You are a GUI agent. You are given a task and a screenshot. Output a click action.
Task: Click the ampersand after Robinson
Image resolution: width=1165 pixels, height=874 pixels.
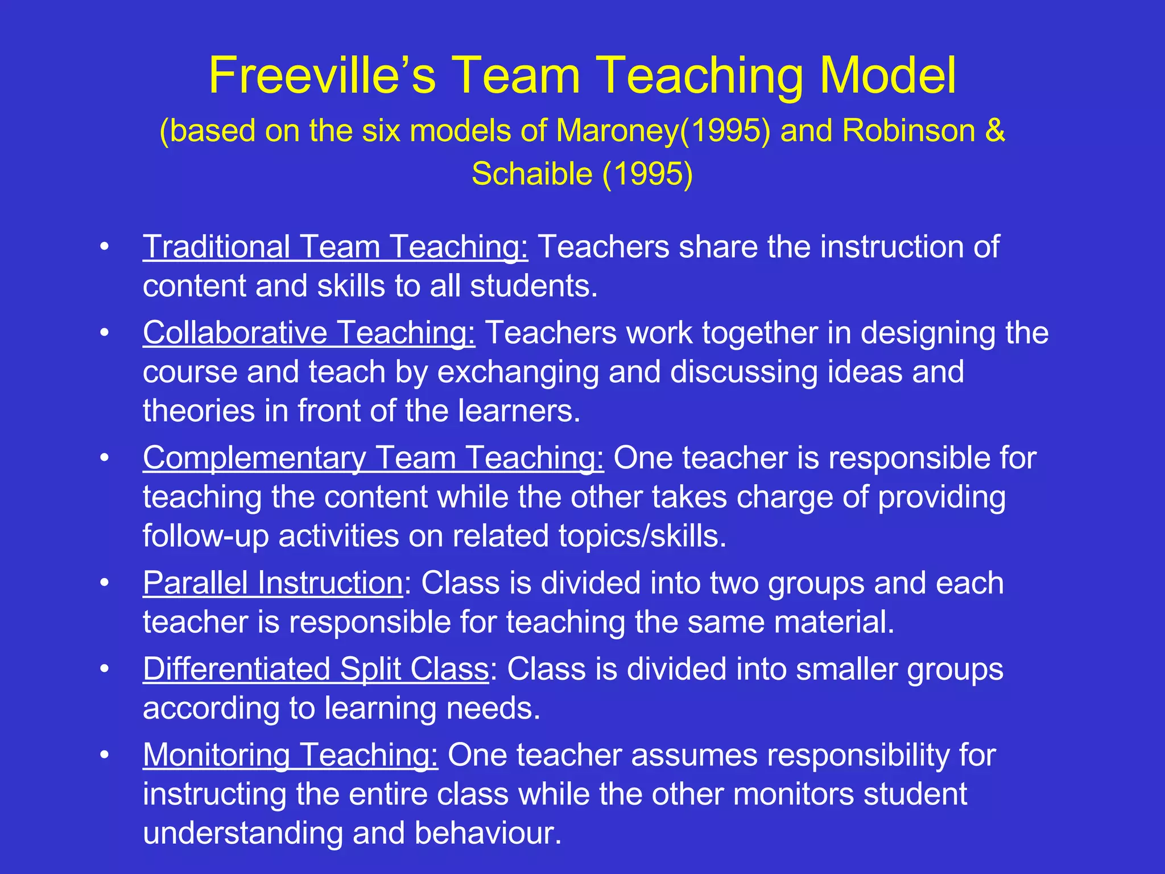(x=995, y=131)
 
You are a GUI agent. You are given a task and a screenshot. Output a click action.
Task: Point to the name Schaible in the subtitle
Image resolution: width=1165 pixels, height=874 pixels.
(x=532, y=174)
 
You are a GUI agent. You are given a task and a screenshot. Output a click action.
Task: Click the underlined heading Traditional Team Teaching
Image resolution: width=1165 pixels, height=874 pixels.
(x=335, y=248)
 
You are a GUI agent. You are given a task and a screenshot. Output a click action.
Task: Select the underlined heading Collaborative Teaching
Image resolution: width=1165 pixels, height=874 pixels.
(x=309, y=333)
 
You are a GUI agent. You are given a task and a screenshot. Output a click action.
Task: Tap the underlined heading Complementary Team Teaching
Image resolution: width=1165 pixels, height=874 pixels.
(x=373, y=458)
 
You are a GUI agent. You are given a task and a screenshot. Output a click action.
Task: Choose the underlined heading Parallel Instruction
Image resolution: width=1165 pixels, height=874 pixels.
(x=273, y=583)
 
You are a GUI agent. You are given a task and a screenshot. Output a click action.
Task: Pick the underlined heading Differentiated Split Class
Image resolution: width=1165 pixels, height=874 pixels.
(x=316, y=669)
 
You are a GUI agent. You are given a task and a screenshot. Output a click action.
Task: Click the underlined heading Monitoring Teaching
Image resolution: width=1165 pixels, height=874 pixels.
(x=290, y=755)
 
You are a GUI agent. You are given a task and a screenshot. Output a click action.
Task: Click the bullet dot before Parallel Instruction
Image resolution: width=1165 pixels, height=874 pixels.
(x=104, y=583)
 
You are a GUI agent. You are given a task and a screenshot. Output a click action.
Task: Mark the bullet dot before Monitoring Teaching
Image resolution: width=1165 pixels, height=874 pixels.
(x=104, y=755)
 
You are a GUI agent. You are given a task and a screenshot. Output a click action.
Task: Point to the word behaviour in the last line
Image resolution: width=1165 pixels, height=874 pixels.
(x=488, y=833)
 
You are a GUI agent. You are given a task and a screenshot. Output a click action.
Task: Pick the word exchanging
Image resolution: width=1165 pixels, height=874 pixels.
(x=518, y=373)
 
